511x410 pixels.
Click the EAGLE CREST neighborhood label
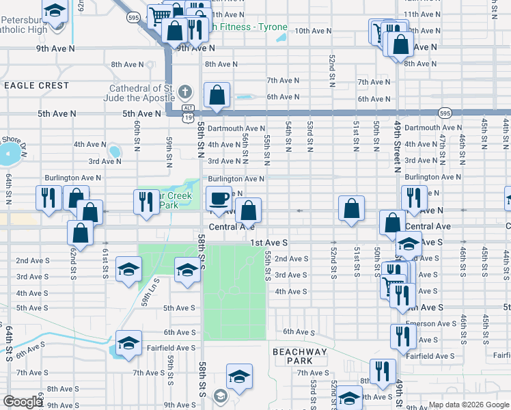[36, 85]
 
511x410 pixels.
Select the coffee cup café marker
[219, 199]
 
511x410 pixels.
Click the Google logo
[23, 402]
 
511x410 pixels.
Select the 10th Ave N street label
[313, 31]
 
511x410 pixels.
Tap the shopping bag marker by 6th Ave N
[217, 96]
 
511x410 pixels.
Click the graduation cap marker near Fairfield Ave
[128, 344]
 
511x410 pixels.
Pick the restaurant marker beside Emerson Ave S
[403, 336]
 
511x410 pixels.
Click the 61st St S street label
[105, 262]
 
